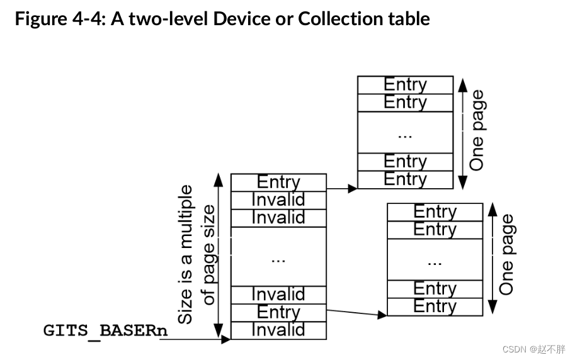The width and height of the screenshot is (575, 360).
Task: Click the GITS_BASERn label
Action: [101, 330]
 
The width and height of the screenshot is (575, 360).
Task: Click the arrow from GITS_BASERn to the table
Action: [195, 340]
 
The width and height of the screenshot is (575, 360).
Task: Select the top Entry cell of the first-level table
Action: [278, 183]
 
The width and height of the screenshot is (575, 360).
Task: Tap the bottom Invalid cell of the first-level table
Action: [278, 330]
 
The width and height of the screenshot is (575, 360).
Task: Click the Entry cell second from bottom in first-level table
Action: [278, 312]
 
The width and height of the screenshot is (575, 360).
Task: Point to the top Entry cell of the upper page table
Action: [405, 85]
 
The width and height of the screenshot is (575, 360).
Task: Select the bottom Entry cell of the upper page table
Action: [405, 179]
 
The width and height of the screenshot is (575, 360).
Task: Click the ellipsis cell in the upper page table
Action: [405, 132]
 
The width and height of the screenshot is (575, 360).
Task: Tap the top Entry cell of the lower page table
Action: [435, 212]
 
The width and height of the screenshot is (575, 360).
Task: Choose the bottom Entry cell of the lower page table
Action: [435, 307]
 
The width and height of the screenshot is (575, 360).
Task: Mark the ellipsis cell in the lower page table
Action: [435, 259]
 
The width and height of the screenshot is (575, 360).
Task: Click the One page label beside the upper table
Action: [478, 130]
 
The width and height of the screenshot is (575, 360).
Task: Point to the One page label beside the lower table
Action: [507, 255]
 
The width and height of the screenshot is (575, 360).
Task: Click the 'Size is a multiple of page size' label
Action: [196, 254]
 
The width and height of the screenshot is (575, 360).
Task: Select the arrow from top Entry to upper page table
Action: [342, 188]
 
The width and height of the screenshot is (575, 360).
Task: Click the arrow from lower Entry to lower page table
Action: [356, 312]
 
